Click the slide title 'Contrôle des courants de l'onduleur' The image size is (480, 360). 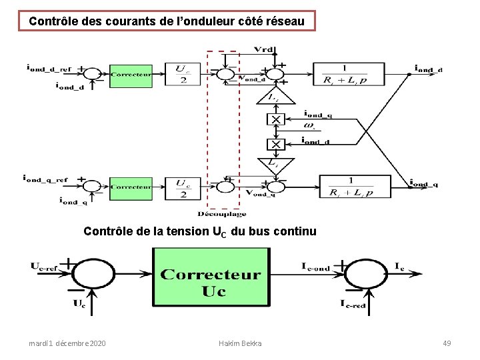point(167,21)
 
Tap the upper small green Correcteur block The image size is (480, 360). point(130,75)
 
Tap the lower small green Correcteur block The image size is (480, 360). point(130,187)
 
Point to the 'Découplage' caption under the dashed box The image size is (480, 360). point(221,214)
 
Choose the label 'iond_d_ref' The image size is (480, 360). point(47,67)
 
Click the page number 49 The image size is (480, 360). point(447,343)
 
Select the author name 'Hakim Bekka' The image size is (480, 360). point(240,343)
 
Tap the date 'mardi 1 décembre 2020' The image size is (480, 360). point(67,343)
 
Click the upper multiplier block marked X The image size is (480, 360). point(275,119)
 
